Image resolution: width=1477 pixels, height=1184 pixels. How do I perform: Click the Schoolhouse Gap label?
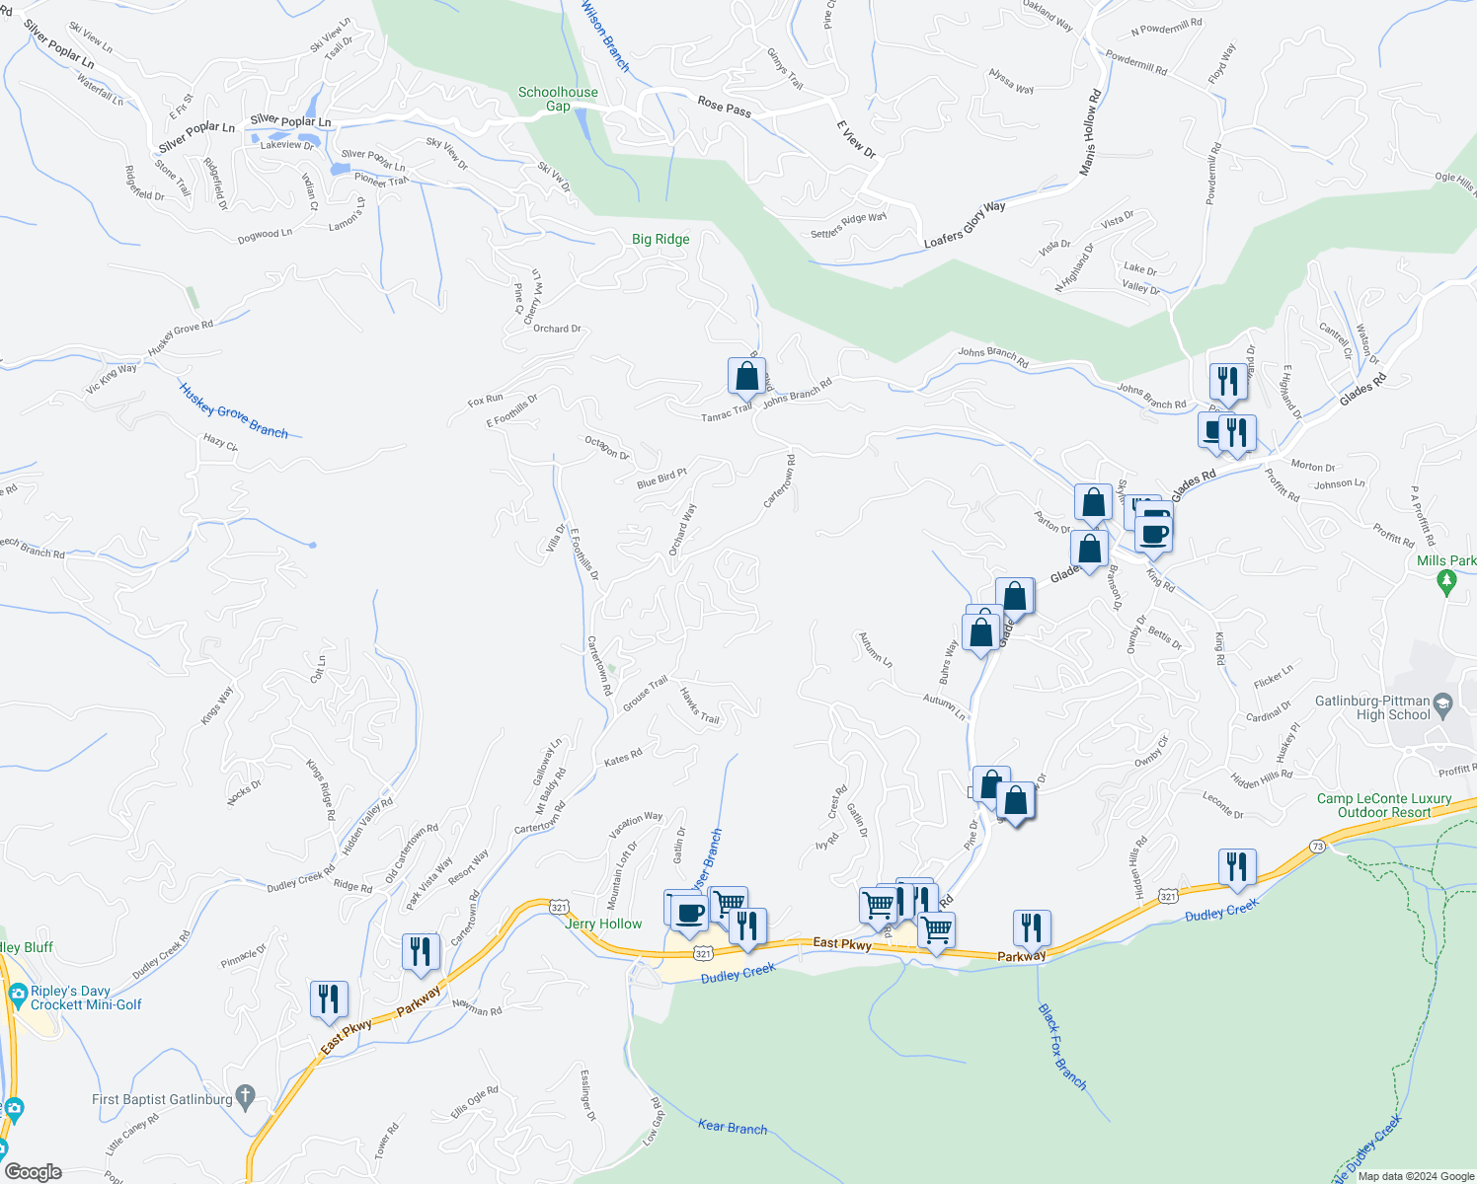coord(558,99)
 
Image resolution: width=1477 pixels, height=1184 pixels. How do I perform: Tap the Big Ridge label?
coord(661,239)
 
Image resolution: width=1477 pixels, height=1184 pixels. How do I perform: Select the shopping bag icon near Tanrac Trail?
coord(746,377)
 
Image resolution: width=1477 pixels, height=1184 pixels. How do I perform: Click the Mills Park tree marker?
coord(1447,583)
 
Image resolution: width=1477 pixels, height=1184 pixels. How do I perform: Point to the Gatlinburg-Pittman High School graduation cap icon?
coord(1442,703)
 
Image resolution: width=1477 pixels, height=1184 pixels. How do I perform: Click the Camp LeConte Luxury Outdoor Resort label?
coord(1384,805)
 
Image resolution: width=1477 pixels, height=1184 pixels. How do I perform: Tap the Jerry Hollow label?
coord(603,924)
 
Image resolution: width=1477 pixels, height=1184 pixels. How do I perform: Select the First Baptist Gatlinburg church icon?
coord(246,1097)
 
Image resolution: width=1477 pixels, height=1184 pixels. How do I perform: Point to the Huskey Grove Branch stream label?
coord(234,409)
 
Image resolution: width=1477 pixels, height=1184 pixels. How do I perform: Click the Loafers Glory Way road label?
coord(965,224)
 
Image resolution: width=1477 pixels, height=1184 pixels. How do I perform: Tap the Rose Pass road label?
coord(725,106)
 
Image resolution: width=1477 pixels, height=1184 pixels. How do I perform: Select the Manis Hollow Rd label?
coord(1089,133)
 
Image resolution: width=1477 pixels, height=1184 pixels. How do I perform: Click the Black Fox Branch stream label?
coord(1061,1047)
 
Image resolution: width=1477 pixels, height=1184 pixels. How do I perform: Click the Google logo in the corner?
coord(34,1171)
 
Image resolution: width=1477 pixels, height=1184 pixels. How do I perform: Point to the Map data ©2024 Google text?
coord(1416,1176)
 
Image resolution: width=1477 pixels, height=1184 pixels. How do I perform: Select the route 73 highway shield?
coord(1317,847)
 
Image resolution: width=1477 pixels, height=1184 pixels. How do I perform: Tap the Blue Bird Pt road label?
coord(661,478)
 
